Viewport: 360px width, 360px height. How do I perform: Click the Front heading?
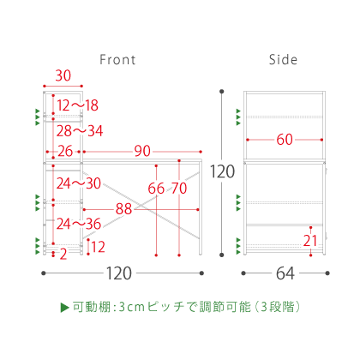pyautogui.click(x=117, y=60)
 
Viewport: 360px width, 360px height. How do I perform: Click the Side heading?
pyautogui.click(x=283, y=59)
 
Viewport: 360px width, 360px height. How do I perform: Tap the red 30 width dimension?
pyautogui.click(x=63, y=75)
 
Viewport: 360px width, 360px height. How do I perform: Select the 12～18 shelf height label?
pyautogui.click(x=78, y=105)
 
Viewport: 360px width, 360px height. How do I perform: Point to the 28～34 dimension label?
pyautogui.click(x=80, y=131)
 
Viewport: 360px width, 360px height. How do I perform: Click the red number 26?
pyautogui.click(x=65, y=151)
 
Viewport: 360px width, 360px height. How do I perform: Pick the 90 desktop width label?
pyautogui.click(x=142, y=151)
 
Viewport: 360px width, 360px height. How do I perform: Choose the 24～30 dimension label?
pyautogui.click(x=79, y=183)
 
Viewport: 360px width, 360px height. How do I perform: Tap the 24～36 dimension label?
pyautogui.click(x=79, y=224)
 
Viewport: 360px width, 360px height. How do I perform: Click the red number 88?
pyautogui.click(x=123, y=209)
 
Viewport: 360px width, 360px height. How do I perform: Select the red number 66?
pyautogui.click(x=156, y=189)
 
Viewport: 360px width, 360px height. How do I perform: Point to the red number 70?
pyautogui.click(x=179, y=189)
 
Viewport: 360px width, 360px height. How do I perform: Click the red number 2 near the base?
pyautogui.click(x=63, y=254)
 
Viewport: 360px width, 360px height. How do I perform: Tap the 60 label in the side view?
pyautogui.click(x=285, y=140)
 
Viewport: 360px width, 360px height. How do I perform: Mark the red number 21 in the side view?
pyautogui.click(x=310, y=241)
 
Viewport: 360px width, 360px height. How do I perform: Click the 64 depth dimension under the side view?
pyautogui.click(x=285, y=273)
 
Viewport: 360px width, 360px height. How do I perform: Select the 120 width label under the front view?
pyautogui.click(x=119, y=273)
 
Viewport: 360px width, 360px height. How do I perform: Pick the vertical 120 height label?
pyautogui.click(x=222, y=171)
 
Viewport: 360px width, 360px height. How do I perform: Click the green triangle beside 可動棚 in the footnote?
pyautogui.click(x=65, y=308)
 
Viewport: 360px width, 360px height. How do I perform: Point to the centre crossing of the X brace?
pyautogui.click(x=141, y=206)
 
